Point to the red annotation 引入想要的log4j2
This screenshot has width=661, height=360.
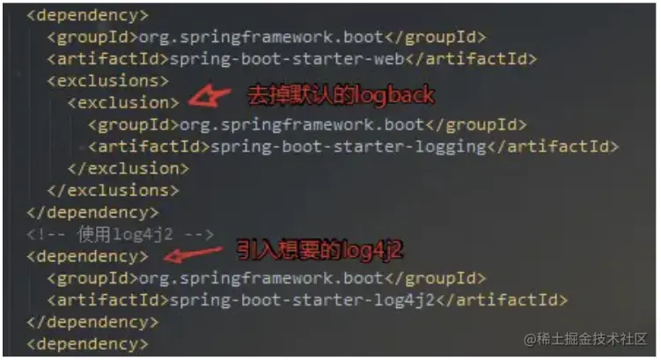pyautogui.click(x=319, y=252)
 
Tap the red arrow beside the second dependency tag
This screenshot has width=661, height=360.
pyautogui.click(x=195, y=256)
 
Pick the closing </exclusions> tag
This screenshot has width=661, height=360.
pyautogui.click(x=113, y=190)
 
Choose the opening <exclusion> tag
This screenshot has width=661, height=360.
pyautogui.click(x=123, y=103)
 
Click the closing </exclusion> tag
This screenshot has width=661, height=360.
pyautogui.click(x=129, y=168)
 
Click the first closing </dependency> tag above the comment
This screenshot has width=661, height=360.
pyautogui.click(x=93, y=212)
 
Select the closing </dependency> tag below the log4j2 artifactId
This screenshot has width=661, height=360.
pyautogui.click(x=93, y=322)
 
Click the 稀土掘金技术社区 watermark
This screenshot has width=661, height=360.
pyautogui.click(x=585, y=339)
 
